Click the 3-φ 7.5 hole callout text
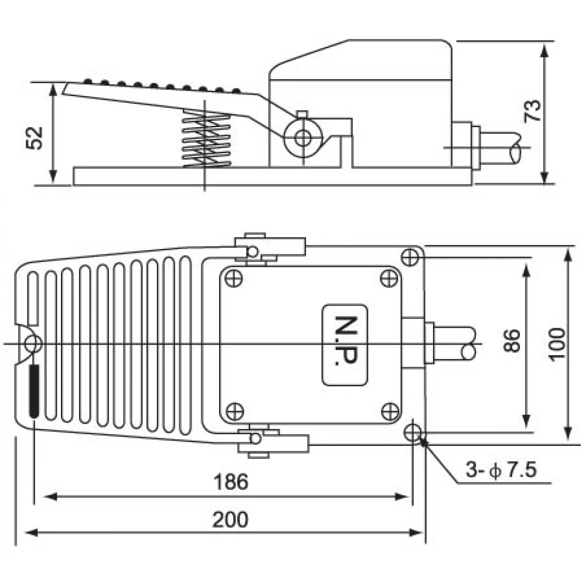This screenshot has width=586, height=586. [502, 469]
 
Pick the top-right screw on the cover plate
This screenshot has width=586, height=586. [387, 277]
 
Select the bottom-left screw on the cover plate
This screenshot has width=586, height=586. [234, 411]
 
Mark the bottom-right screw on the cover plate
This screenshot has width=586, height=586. [388, 411]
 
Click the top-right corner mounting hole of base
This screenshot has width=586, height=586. [411, 256]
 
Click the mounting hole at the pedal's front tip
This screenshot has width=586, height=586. [32, 343]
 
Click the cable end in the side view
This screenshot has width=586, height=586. [516, 150]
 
